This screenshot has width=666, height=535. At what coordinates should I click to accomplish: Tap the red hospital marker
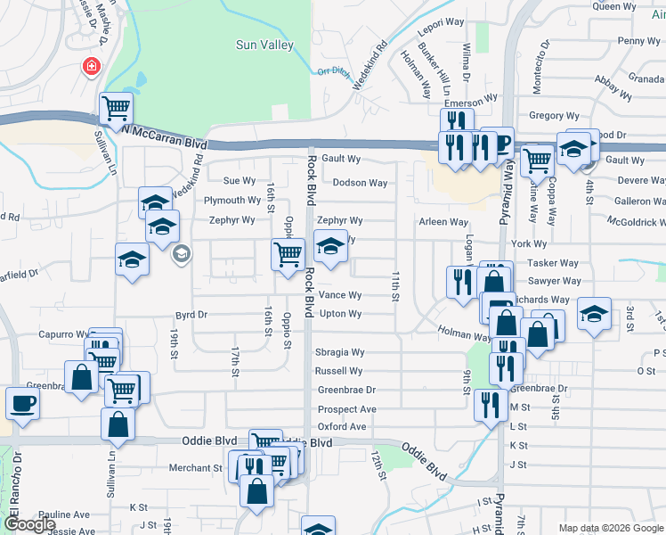pos(91,67)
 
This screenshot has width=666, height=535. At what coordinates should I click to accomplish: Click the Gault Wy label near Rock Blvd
pos(341,159)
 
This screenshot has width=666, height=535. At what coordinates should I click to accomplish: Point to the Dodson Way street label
pos(360,183)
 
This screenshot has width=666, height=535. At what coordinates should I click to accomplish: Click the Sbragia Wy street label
pos(340,352)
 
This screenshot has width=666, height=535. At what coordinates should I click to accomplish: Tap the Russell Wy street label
pos(339,371)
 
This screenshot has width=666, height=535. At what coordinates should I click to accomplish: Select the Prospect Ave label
pos(347,409)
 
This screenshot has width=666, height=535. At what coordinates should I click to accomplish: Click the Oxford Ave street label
pos(342,427)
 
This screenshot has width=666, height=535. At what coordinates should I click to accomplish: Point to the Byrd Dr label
pos(191,315)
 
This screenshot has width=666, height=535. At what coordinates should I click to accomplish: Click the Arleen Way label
pos(444,222)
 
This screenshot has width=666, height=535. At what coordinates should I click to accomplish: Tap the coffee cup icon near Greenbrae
pos(22,402)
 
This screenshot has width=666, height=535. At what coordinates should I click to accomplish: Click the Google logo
pos(30,524)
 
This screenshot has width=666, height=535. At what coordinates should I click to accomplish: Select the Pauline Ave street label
pos(64,514)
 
